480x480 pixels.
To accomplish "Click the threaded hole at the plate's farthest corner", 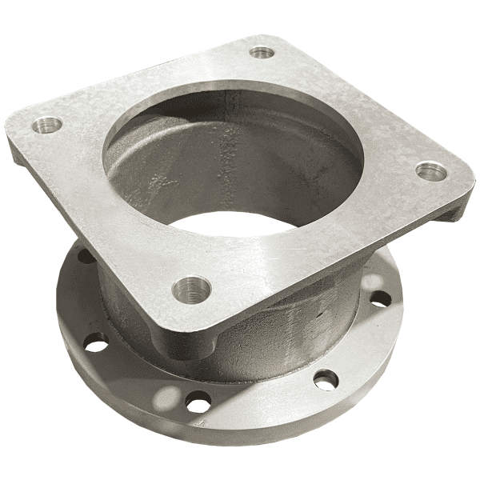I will click(262, 53).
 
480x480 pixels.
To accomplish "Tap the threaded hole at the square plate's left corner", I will click(47, 125).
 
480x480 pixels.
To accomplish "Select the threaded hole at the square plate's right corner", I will click(431, 170).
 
